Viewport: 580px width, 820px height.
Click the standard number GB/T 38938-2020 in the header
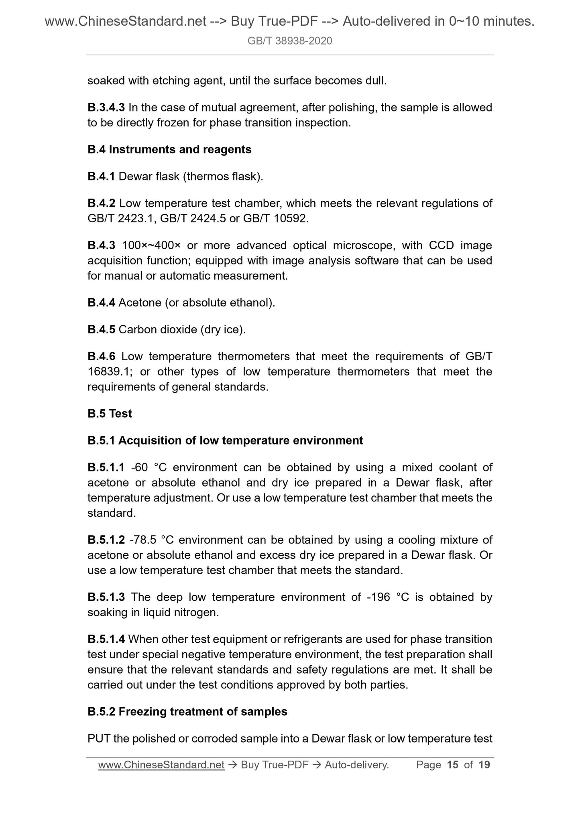289,41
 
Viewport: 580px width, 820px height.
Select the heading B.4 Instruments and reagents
169,149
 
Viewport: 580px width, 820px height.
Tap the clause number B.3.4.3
106,107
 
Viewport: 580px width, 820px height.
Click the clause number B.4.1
101,176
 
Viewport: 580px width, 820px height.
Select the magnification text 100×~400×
151,245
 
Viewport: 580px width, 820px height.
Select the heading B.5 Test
110,413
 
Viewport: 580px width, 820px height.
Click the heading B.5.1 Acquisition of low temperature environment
225,440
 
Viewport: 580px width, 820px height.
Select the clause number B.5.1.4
106,639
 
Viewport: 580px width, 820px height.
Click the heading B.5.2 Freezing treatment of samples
187,711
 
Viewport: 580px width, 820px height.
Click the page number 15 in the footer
452,765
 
